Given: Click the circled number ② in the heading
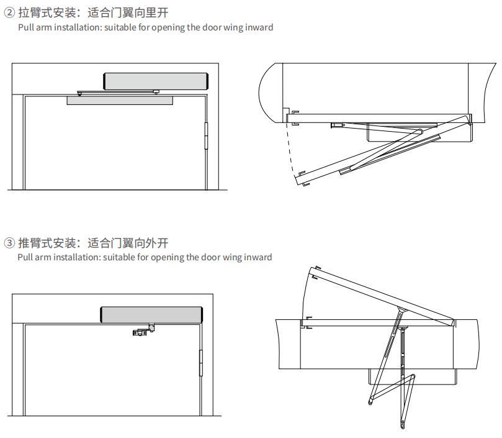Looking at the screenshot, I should point(9,13).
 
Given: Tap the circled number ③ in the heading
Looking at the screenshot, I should point(9,243).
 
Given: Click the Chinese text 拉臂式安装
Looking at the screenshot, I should point(47,13).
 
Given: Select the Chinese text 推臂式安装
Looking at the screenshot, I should point(47,243).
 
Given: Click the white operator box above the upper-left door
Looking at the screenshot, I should point(155,81).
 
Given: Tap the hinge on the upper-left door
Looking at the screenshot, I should point(206,135).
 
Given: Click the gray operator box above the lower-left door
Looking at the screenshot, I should point(151,314).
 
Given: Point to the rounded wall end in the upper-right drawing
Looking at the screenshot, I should point(269,93).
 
